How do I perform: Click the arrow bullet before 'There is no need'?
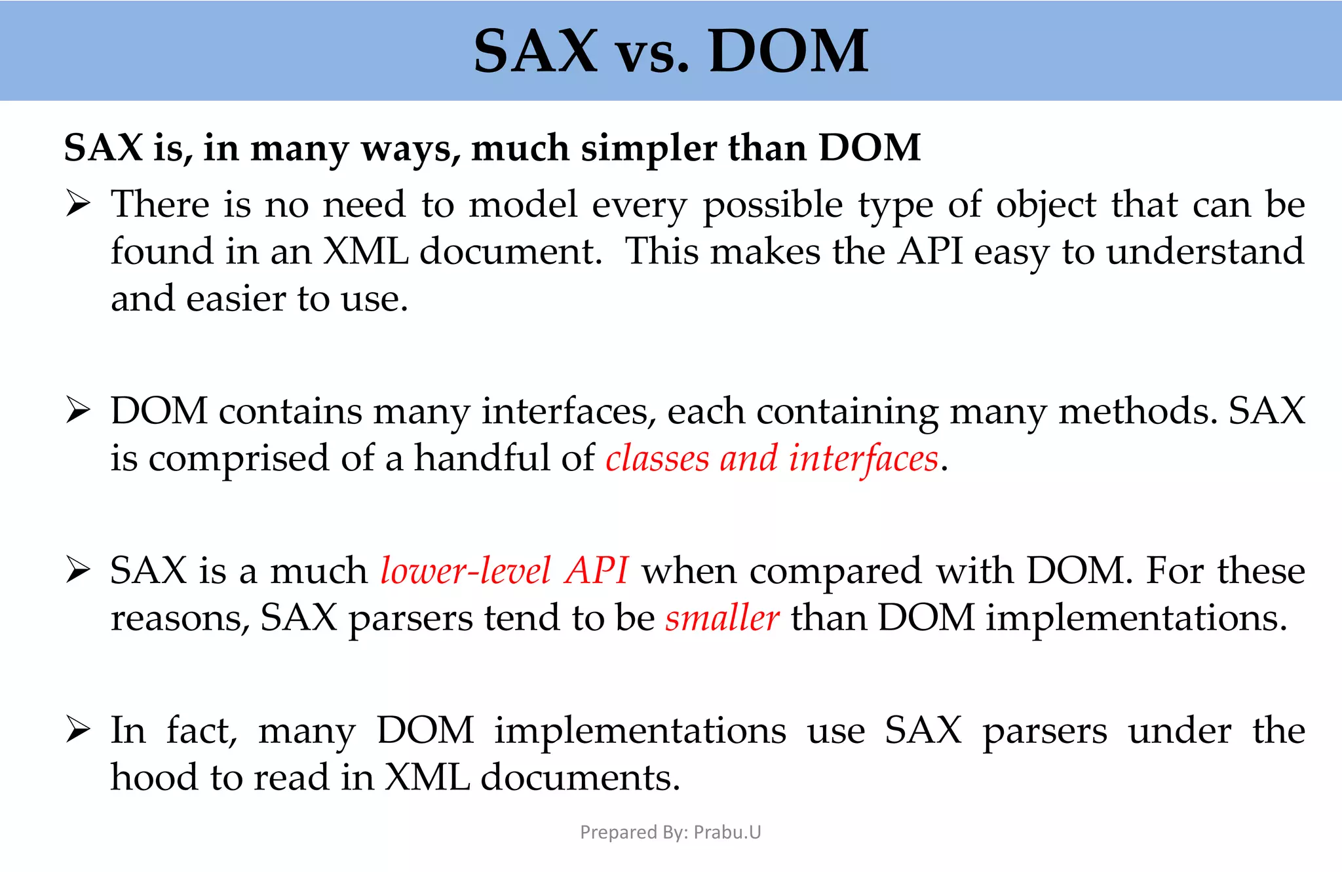point(79,204)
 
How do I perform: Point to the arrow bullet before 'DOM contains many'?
point(79,411)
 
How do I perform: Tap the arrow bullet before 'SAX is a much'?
point(79,571)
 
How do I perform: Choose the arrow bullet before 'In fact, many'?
point(79,730)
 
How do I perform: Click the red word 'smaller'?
point(722,618)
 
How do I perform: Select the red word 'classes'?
point(657,458)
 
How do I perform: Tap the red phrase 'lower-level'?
point(465,571)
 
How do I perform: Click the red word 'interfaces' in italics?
point(864,458)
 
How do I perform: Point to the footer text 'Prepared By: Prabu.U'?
point(670,832)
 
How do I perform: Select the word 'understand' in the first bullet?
point(1205,252)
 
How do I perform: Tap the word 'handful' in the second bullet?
point(482,458)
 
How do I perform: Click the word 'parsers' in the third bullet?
point(410,619)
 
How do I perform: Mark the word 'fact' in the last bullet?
point(201,730)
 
